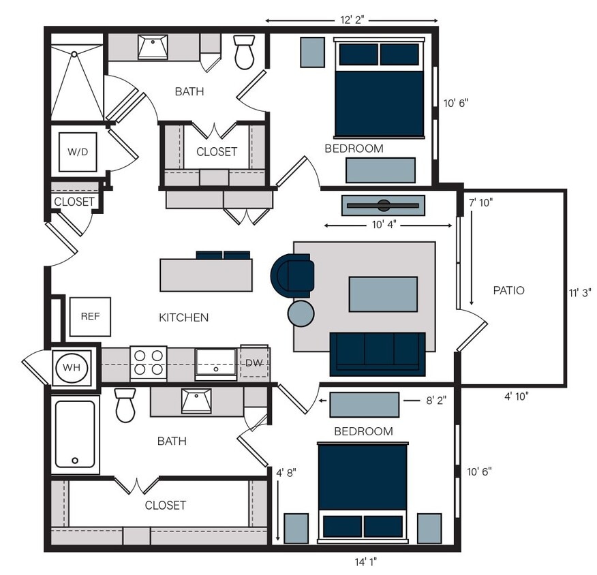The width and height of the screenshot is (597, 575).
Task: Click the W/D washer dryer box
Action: (x=77, y=151)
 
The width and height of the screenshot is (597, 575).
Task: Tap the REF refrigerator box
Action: (x=90, y=317)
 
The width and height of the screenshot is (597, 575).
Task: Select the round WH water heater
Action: (x=72, y=367)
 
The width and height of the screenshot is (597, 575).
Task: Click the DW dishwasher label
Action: (x=254, y=363)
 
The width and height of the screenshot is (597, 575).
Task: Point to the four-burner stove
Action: (x=149, y=363)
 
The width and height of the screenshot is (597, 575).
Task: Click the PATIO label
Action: (x=508, y=291)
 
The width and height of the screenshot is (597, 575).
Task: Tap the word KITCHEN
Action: (x=183, y=317)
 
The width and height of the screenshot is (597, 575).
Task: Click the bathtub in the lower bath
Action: (x=75, y=433)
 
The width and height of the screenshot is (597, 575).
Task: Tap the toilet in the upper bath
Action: (x=244, y=53)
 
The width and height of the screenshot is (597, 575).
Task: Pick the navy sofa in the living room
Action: (x=378, y=354)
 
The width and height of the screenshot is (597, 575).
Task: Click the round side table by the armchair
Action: (x=301, y=313)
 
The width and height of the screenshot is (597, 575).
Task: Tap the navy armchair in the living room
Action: (x=293, y=275)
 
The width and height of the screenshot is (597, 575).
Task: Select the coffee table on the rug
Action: (x=383, y=294)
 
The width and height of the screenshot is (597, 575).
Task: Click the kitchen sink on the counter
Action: (x=215, y=363)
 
